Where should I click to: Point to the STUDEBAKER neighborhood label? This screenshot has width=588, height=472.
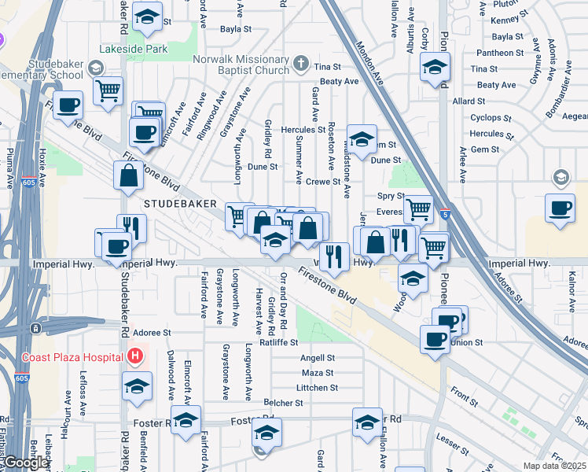[x=181, y=203]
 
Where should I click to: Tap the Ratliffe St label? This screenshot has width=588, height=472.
[x=280, y=342]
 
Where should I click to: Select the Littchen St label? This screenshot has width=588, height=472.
[x=317, y=388]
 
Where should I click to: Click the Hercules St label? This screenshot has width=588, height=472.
[x=306, y=130]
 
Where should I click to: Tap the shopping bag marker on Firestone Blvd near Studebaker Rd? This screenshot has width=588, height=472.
[x=128, y=176]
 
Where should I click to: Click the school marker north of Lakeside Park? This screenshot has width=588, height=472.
[x=146, y=17]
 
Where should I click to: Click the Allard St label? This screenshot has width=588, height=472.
[x=469, y=101]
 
